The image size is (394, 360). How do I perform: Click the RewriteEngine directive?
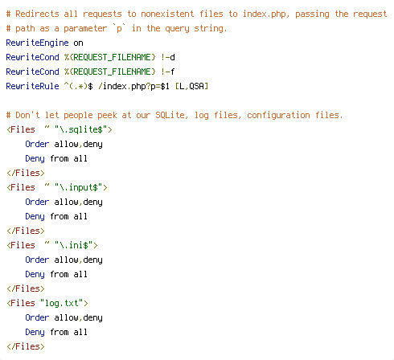pos(37,43)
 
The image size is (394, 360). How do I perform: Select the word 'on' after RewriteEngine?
pos(78,43)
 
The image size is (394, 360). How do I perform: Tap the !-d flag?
pos(168,57)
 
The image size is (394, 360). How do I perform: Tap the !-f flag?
pos(168,72)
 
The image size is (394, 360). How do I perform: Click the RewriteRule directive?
pos(32,86)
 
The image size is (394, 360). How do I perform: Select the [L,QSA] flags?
pos(191,86)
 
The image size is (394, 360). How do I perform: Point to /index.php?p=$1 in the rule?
pos(133,86)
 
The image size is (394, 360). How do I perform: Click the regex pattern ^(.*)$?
pos(79,86)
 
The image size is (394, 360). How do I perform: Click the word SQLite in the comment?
pos(170,115)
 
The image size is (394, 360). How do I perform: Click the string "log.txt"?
pos(62,303)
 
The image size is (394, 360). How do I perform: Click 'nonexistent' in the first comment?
pos(167,14)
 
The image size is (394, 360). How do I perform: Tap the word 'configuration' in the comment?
pos(278,115)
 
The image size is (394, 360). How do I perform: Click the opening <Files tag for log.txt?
pos(21,303)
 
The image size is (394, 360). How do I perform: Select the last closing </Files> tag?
pos(26,346)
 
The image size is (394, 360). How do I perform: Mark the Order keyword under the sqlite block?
pos(37,144)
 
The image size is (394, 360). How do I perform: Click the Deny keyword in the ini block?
pos(35,274)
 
